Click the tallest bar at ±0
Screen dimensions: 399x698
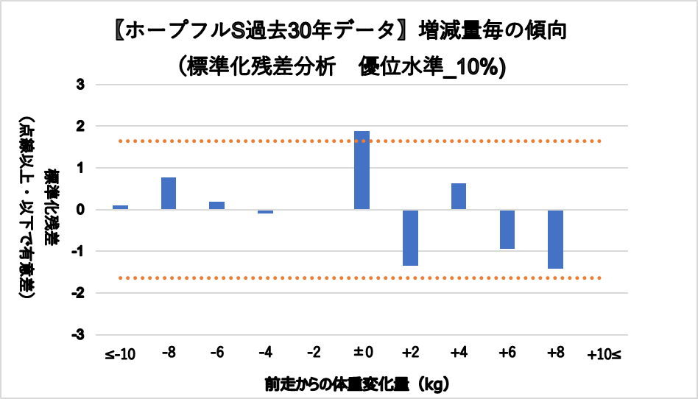click(362, 170)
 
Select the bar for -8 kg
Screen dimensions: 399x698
click(169, 194)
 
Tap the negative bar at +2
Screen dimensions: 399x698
click(410, 238)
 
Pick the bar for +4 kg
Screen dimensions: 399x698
click(459, 197)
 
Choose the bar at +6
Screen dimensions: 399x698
click(507, 230)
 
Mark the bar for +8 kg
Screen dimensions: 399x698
click(555, 239)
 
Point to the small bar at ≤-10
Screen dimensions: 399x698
click(120, 207)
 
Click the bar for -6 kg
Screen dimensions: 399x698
click(216, 205)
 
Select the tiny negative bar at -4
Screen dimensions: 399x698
click(265, 212)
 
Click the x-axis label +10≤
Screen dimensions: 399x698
click(604, 355)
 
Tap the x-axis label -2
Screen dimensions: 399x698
click(313, 354)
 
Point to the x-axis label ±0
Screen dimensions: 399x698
click(362, 354)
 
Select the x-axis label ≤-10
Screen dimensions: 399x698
click(119, 355)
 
